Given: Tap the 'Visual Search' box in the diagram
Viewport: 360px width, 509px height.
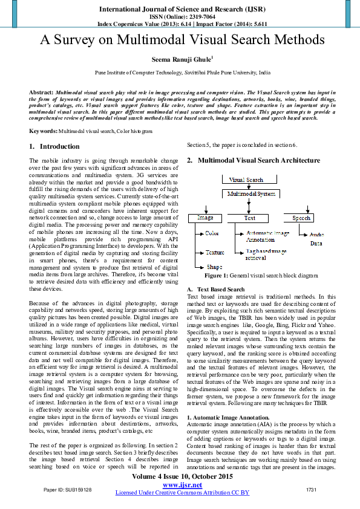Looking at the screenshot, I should tap(246, 180).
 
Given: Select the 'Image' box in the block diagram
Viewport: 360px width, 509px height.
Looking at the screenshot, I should tap(205, 218).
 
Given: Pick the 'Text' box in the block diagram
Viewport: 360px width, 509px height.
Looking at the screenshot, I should tap(249, 218).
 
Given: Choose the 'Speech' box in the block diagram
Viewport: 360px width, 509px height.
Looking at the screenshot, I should tap(302, 218).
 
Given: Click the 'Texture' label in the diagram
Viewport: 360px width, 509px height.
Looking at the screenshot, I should tap(215, 252).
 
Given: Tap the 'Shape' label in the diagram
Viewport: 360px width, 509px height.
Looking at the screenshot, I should tap(214, 267).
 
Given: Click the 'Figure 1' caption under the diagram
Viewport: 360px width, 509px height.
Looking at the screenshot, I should tap(261, 275).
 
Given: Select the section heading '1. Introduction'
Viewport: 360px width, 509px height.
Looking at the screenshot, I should tap(54, 146).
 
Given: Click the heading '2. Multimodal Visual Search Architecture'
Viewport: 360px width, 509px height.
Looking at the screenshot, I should tap(254, 160).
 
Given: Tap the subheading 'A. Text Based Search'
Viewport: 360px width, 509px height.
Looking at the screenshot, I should tap(216, 290).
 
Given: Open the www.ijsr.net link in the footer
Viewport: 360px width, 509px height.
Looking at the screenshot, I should tap(182, 485).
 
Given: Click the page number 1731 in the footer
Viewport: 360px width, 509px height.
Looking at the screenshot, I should tap(312, 489).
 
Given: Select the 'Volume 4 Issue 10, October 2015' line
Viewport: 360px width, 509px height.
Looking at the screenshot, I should tap(182, 477).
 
